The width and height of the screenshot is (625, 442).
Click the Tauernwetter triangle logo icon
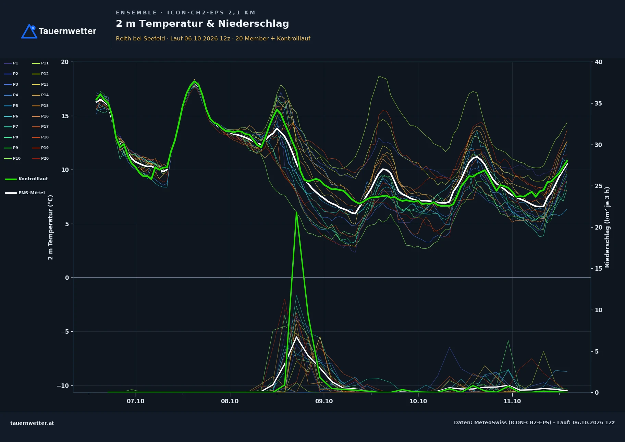click(x=29, y=32)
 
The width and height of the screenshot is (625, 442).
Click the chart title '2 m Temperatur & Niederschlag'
click(x=202, y=24)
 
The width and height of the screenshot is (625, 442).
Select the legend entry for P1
click(x=11, y=63)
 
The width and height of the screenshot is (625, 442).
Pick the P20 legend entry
click(x=40, y=158)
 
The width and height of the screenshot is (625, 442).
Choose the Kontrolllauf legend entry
click(x=26, y=179)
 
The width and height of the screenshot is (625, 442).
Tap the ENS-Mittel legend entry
click(x=25, y=193)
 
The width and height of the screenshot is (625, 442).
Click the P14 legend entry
click(x=40, y=95)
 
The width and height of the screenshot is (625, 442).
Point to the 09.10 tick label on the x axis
click(x=324, y=401)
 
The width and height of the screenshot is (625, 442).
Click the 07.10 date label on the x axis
click(x=135, y=401)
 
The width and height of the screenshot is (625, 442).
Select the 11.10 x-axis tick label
click(x=512, y=401)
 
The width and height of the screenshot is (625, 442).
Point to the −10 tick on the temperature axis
click(x=63, y=386)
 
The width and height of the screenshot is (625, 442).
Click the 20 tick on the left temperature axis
click(x=65, y=62)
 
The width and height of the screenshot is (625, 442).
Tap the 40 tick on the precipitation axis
click(x=598, y=62)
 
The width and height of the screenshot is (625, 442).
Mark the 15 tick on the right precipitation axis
click(x=598, y=269)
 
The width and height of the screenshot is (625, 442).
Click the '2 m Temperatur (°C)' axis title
click(x=50, y=227)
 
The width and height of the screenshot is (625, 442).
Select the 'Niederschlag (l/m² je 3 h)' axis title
click(x=607, y=227)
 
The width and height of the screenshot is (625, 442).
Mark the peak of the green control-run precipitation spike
click(x=296, y=212)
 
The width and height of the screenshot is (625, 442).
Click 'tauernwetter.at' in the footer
click(x=32, y=423)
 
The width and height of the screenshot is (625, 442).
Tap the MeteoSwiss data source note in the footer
click(x=534, y=422)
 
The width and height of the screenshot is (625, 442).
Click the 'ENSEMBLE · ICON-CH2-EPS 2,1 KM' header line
click(x=185, y=13)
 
